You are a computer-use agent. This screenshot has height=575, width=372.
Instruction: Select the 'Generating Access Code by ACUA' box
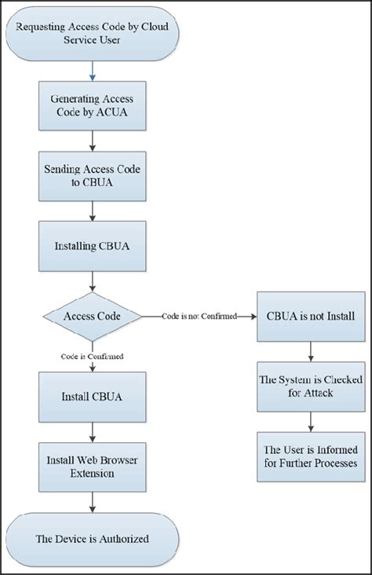coord(93,106)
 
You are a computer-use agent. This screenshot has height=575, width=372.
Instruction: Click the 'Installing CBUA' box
coord(93,246)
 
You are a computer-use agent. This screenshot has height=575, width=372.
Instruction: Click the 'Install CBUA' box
coord(93,396)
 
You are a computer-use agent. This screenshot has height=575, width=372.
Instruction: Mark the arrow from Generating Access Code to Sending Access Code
coord(93,143)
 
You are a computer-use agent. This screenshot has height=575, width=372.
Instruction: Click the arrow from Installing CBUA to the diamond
coord(93,280)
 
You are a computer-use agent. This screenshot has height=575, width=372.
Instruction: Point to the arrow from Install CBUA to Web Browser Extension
coord(93,431)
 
